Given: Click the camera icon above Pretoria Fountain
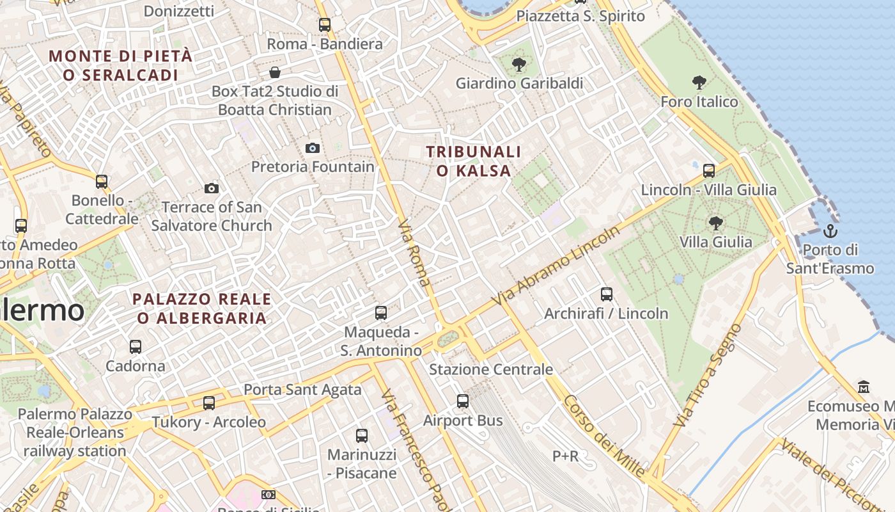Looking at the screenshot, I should click(312, 148).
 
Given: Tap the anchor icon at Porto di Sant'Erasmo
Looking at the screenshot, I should click(830, 231).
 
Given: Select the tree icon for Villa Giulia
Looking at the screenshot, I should click(715, 223).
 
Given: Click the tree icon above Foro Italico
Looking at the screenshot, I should click(699, 83).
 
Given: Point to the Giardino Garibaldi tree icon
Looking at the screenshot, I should click(518, 64).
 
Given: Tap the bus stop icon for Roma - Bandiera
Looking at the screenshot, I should click(325, 25).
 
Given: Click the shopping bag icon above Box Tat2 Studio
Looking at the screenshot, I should click(275, 72).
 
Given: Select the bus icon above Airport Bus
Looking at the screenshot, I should click(463, 401).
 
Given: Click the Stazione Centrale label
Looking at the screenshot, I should click(490, 369).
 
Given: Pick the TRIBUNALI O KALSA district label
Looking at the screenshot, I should click(473, 161).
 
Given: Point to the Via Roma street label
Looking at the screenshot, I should click(414, 253).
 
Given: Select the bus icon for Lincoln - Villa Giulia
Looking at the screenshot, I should click(708, 171).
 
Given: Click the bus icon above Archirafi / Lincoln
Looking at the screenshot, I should click(606, 294).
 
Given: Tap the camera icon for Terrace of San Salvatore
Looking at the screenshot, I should click(212, 188).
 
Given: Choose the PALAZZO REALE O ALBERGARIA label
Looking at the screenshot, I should click(201, 308).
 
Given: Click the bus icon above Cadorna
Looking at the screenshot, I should click(135, 347).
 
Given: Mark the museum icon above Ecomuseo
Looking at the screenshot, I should click(864, 387).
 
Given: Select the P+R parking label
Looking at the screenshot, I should click(565, 456).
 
